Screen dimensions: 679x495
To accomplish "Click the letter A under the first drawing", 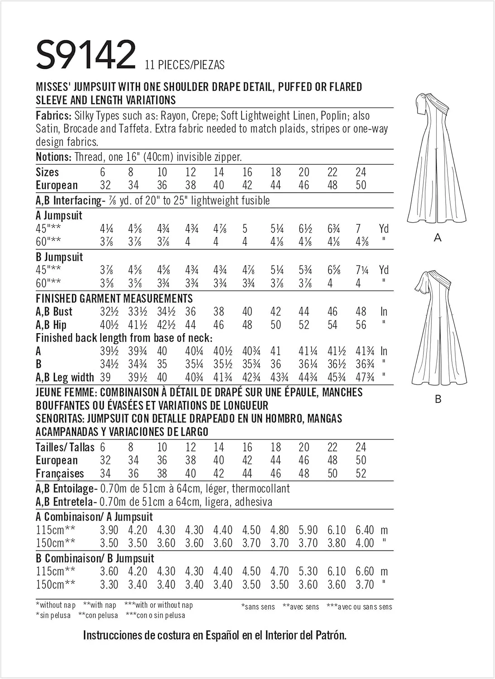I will click(x=437, y=237).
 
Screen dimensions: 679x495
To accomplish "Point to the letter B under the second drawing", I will click(x=437, y=399).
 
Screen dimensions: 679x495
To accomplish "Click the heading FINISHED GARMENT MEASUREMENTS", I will click(x=114, y=298).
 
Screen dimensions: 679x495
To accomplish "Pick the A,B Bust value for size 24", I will click(x=360, y=312).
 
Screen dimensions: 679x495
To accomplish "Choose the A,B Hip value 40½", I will click(x=109, y=325).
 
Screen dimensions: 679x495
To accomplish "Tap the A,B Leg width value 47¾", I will click(x=365, y=378).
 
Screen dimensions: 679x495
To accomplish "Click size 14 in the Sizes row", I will click(x=219, y=172).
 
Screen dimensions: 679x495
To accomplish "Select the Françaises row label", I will click(x=60, y=473).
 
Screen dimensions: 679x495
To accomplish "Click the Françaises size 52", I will click(x=360, y=473).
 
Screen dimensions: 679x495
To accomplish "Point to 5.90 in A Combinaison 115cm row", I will click(x=308, y=530).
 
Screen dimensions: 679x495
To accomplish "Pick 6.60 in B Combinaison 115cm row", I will click(x=365, y=571).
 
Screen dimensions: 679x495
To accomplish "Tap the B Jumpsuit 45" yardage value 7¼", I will click(x=362, y=270).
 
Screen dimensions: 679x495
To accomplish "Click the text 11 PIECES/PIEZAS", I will click(x=185, y=65).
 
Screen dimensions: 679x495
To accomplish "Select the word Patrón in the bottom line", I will click(x=330, y=635).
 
